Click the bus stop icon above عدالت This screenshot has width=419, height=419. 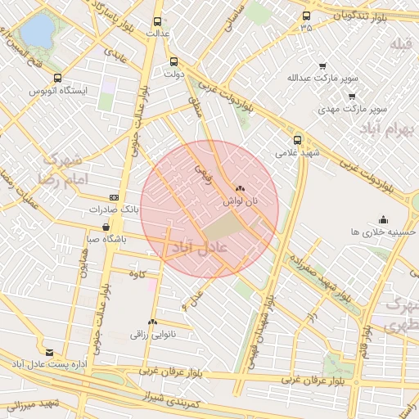(157, 22)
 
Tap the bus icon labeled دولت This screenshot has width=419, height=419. (173, 61)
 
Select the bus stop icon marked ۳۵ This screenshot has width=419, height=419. (306, 16)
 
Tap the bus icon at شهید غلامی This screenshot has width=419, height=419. (297, 139)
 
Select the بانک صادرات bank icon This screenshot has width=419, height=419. (114, 197)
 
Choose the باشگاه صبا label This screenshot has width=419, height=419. (106, 240)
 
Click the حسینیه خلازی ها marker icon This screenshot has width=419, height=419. (383, 219)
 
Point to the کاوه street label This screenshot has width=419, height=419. (148, 273)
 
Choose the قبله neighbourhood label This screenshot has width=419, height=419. (399, 43)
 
